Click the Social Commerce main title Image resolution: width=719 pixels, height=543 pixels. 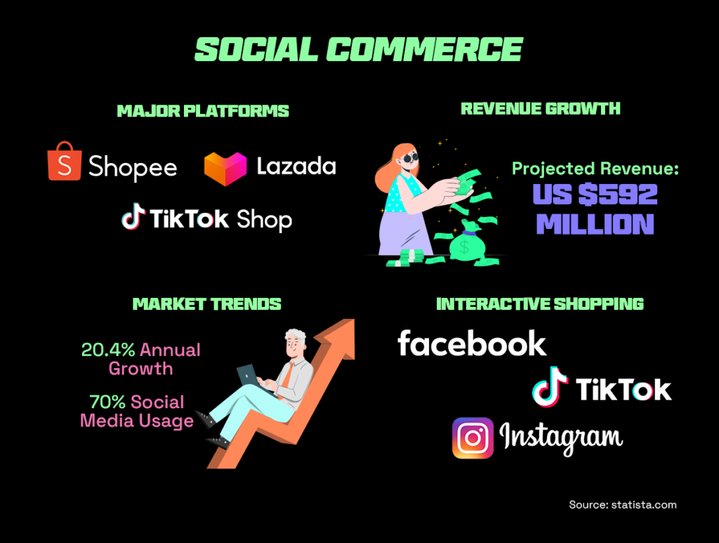coord(359,49)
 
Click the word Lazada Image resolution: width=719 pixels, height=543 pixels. coord(296,166)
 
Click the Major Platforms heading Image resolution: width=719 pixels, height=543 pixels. coord(203,111)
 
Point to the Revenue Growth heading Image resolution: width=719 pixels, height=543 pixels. coord(541,108)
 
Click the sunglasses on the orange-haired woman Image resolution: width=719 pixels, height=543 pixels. coord(409,158)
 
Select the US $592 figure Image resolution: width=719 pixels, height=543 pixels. coord(595,194)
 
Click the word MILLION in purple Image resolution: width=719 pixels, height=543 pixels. coord(595,223)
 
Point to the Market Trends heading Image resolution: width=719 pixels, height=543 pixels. coord(207,303)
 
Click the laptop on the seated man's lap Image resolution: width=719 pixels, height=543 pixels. coord(249,374)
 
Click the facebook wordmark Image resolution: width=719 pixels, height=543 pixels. coord(472,343)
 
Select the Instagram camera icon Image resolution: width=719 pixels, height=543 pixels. coord(473,438)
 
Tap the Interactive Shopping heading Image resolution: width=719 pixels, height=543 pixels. coord(540,303)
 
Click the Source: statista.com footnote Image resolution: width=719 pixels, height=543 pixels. coord(623,504)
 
